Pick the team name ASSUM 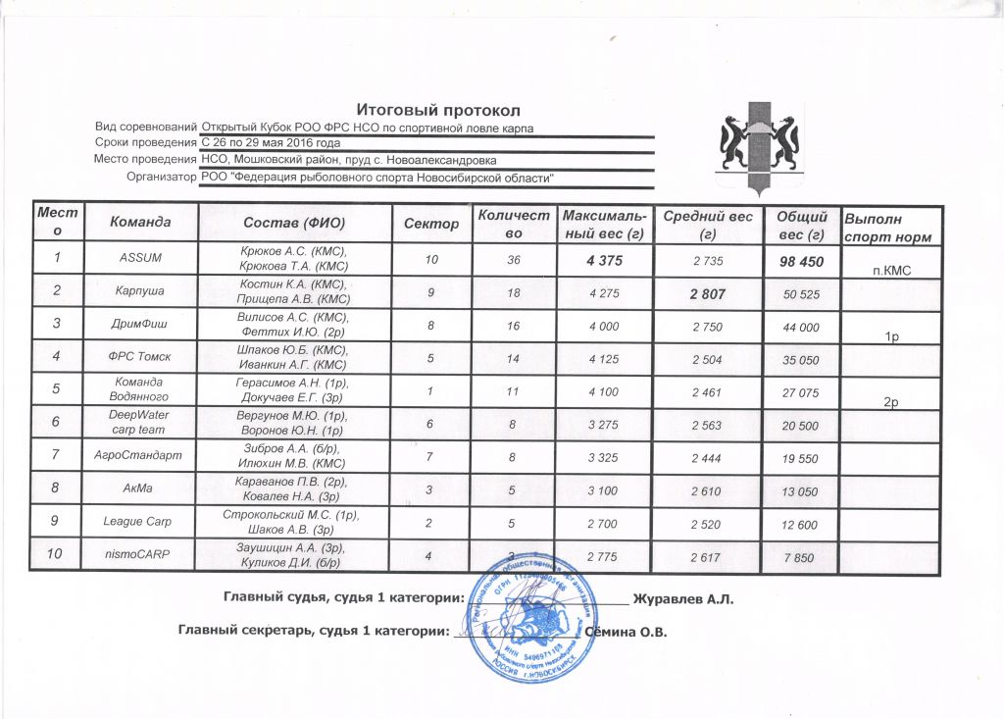(x=139, y=258)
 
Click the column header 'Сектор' (x=431, y=224)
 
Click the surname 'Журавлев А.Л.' (x=683, y=598)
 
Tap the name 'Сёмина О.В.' (x=626, y=632)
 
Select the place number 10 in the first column (x=61, y=555)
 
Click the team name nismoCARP (x=139, y=555)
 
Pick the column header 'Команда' (x=140, y=224)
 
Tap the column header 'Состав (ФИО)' (x=295, y=224)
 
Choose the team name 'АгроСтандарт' (x=139, y=454)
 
